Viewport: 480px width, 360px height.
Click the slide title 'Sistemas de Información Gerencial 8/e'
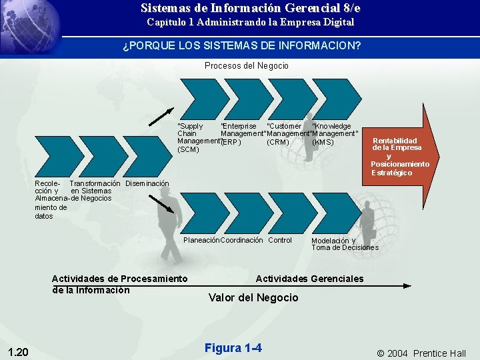[x=251, y=8]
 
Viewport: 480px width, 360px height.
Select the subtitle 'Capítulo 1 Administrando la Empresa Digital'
[x=251, y=22]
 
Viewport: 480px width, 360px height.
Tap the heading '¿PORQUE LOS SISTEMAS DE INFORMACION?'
[x=241, y=47]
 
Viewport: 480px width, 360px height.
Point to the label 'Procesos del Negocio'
[x=247, y=65]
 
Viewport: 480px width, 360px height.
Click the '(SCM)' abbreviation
[x=189, y=149]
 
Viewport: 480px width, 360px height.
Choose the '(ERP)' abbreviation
[x=231, y=142]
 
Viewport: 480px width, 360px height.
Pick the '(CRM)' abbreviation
[x=277, y=141]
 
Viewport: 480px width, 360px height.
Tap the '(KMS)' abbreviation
[x=323, y=141]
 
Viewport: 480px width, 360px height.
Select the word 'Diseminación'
[x=147, y=183]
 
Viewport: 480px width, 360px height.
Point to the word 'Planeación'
[x=201, y=240]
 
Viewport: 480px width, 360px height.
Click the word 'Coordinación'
[x=241, y=240]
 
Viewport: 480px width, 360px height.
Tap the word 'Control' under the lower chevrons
[x=280, y=240]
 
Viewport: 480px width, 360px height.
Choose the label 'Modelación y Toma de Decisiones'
[x=345, y=244]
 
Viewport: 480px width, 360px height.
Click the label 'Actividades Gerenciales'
[x=310, y=279]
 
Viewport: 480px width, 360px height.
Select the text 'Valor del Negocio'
[x=253, y=297]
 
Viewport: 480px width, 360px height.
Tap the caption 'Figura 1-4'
[x=233, y=348]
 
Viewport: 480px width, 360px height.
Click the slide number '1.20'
[x=19, y=352]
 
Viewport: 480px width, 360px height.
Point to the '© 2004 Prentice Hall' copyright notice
[x=421, y=353]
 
